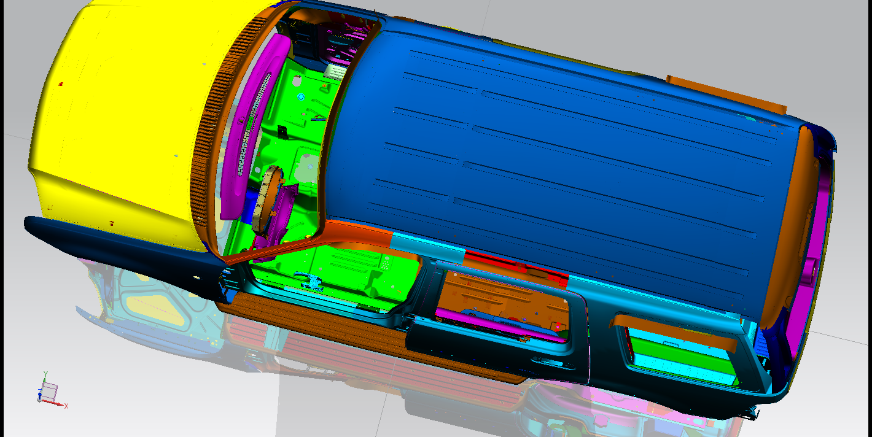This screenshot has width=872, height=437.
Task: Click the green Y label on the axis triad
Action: point(45,374)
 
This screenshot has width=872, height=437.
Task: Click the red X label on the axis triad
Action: point(66,406)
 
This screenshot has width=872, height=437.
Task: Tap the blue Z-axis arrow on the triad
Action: point(39,395)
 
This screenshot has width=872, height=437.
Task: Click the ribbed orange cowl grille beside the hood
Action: point(222,117)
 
